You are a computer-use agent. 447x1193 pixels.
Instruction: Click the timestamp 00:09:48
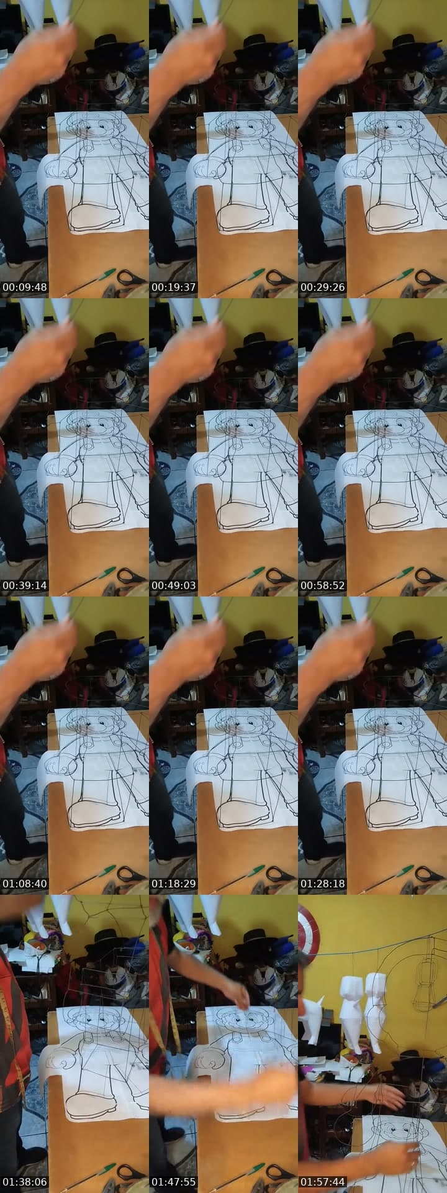click(x=25, y=288)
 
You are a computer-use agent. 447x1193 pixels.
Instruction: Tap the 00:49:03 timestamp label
click(x=174, y=586)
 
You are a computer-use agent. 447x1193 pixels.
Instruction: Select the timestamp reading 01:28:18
click(x=323, y=884)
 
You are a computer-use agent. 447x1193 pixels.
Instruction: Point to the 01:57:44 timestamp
click(x=323, y=1182)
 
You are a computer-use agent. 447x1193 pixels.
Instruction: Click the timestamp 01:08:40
click(x=25, y=884)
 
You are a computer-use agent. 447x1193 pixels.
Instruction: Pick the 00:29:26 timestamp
click(x=323, y=288)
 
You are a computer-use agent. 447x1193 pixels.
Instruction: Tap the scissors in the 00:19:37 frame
click(x=281, y=277)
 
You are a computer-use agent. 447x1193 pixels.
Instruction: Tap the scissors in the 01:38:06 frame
click(x=132, y=1172)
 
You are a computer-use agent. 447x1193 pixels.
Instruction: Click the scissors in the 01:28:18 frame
click(x=430, y=874)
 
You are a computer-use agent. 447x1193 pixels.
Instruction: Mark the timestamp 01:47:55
click(x=174, y=1182)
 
